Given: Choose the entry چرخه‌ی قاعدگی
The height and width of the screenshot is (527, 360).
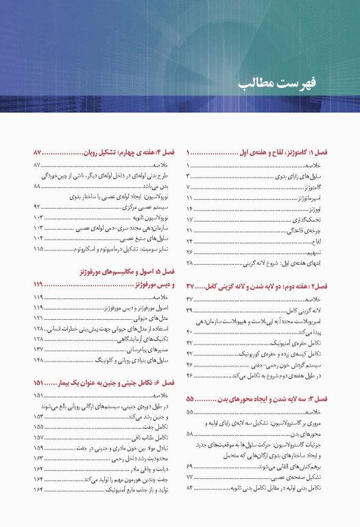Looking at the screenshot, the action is click(318, 231).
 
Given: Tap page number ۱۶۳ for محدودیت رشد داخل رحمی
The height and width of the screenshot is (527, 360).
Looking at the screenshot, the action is click(38, 457).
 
